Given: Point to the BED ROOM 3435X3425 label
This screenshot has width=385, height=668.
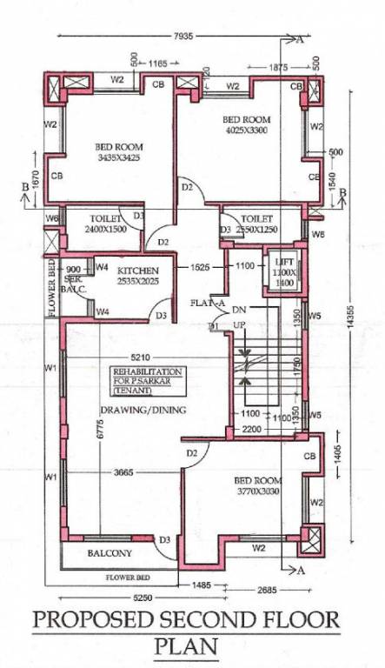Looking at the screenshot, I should (x=118, y=153).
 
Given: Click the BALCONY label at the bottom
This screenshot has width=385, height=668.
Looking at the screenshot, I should (x=109, y=552).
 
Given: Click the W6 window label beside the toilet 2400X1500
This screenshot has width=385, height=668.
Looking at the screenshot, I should (x=52, y=217).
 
